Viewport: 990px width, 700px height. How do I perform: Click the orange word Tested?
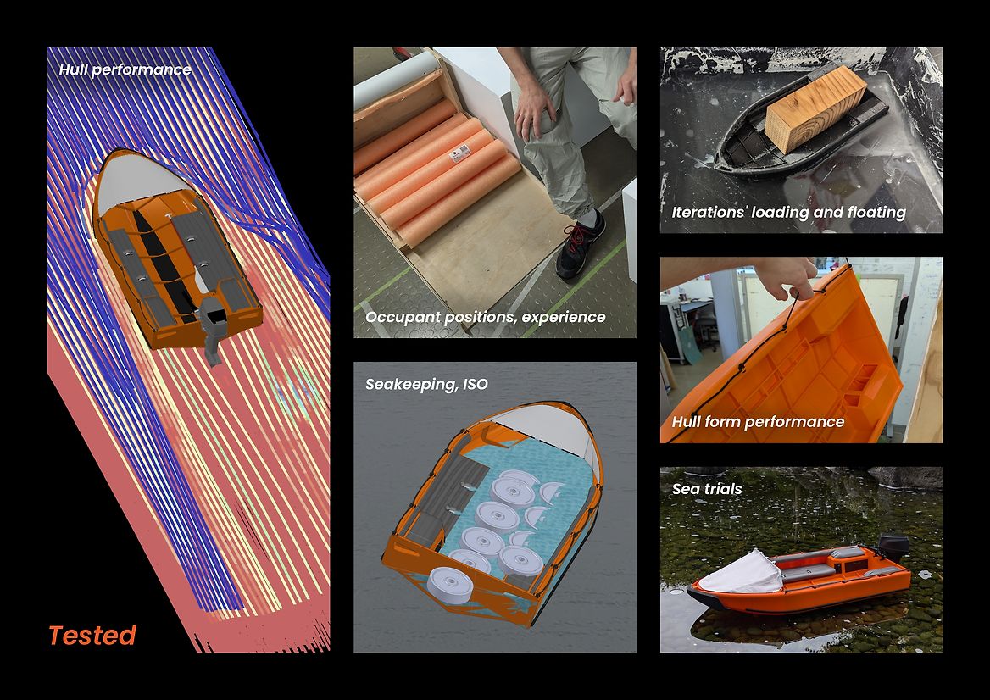point(92,635)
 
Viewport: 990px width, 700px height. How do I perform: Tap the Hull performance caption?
point(125,69)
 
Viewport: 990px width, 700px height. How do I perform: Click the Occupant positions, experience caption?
point(485,317)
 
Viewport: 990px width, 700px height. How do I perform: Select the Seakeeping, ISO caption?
point(427,384)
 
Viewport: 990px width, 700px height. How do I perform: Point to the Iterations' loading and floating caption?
point(788,212)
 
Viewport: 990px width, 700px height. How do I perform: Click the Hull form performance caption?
point(758,422)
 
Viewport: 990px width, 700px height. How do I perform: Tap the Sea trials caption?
point(707,488)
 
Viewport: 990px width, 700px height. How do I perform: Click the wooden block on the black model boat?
point(815,108)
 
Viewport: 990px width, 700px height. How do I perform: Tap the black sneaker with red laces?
point(581,246)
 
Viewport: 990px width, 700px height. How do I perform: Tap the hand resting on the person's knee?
point(535,108)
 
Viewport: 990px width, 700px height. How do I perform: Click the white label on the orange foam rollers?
point(459,153)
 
